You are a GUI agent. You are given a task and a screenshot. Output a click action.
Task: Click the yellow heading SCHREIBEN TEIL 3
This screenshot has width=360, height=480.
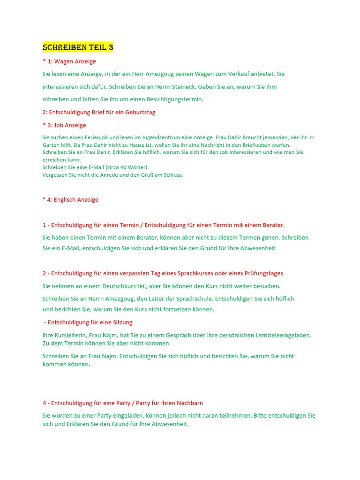coord(78,47)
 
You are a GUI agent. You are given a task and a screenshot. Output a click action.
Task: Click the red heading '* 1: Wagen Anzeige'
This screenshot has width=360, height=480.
coord(69,61)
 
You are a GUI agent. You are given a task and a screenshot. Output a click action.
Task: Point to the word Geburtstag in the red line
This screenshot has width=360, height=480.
coord(139,112)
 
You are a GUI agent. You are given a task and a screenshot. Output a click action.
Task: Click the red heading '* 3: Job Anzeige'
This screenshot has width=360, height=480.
coord(64,125)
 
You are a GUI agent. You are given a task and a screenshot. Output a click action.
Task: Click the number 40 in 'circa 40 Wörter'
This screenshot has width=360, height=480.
coord(124,167)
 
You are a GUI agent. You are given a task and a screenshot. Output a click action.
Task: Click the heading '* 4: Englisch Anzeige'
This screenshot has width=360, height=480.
coord(70,200)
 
